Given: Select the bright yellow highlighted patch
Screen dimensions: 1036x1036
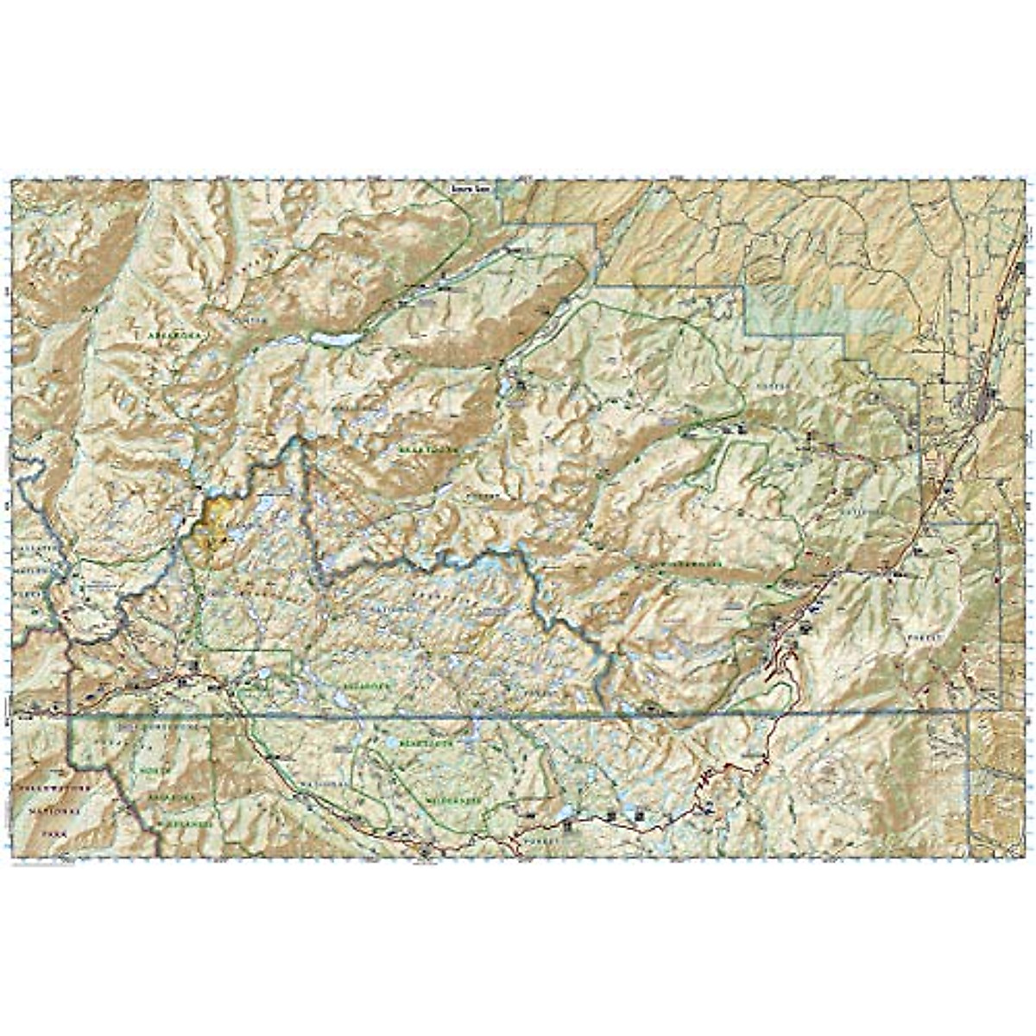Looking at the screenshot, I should tap(212, 523).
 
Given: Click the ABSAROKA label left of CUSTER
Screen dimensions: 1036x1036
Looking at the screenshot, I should tap(173, 332).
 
